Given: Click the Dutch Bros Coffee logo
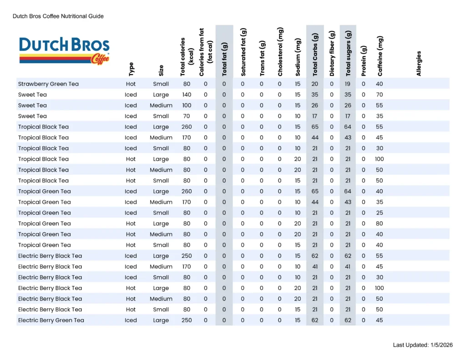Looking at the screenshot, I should (64, 51).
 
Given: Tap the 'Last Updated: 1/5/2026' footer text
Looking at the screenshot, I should (423, 345).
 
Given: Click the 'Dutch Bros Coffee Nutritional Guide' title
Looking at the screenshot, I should (58, 16).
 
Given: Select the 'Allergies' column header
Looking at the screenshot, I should (419, 63).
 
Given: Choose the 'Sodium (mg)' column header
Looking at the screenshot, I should (298, 58).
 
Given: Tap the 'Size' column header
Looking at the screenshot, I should (161, 71).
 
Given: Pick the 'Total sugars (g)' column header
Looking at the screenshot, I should (349, 53).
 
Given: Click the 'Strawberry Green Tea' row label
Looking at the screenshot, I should (48, 84).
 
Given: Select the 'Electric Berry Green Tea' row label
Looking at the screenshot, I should (51, 320).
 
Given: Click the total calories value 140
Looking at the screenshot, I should (187, 95).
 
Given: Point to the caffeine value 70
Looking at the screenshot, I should (380, 95).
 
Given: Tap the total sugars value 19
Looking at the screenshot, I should (348, 84).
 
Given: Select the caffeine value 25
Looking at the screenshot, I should (380, 213).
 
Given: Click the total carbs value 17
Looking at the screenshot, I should (315, 116).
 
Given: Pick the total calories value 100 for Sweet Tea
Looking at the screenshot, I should (187, 106).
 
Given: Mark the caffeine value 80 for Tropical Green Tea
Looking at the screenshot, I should (380, 223).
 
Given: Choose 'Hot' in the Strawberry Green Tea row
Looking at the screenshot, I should (131, 84).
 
